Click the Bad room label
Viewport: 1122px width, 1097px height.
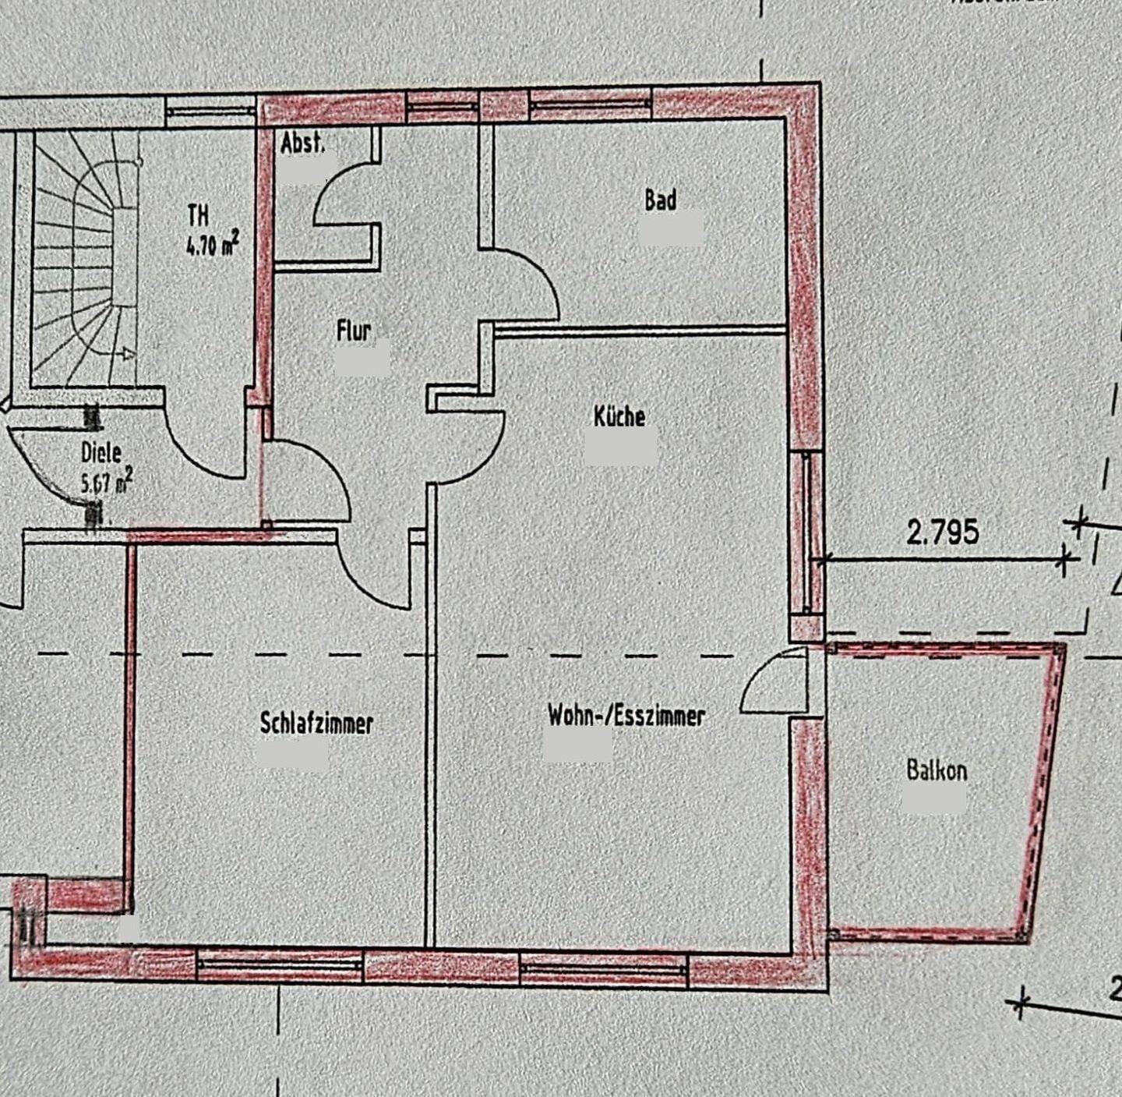[x=660, y=200]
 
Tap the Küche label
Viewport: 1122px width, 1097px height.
[x=619, y=416]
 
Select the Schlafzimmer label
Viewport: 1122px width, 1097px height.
[x=316, y=723]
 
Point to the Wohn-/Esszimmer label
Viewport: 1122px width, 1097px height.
[x=626, y=716]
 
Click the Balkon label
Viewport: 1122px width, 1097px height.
[x=937, y=770]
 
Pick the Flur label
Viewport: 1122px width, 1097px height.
[x=354, y=331]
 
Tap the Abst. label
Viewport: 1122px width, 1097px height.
[x=302, y=143]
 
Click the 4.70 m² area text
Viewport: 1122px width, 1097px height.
[x=212, y=245]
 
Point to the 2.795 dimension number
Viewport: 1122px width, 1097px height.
[x=942, y=532]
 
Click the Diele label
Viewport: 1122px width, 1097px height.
[x=101, y=452]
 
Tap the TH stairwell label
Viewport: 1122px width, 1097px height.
[x=198, y=215]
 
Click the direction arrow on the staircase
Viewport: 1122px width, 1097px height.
[x=127, y=354]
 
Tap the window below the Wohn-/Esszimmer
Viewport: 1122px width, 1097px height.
[x=604, y=968]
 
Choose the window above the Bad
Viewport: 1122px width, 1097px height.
[x=591, y=104]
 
